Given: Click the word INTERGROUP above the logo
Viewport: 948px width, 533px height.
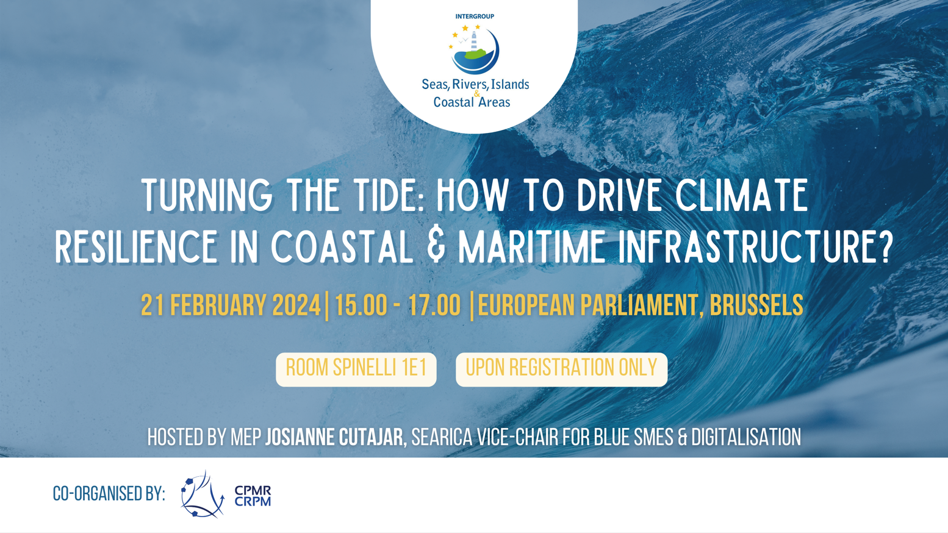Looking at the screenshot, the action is tap(475, 16).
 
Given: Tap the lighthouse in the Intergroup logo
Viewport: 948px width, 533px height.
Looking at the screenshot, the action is tap(474, 41).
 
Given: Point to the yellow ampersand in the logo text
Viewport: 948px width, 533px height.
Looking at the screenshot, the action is tap(477, 93).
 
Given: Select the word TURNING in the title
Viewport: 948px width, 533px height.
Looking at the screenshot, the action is tap(207, 195).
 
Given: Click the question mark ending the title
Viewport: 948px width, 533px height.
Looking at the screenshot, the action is tap(884, 247).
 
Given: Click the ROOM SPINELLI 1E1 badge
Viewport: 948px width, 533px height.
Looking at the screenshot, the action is tap(356, 370).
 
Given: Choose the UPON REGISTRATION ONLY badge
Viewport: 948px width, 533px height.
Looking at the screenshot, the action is tap(561, 370).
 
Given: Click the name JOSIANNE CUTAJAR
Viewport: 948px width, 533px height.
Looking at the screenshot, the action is tap(334, 437).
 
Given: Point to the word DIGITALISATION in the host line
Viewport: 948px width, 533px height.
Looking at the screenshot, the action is tap(746, 437).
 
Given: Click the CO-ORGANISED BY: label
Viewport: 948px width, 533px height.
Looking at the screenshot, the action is tap(109, 493).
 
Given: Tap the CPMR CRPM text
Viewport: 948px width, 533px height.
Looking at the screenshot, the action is tap(253, 496).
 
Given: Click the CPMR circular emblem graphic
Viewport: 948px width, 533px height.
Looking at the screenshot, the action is tap(203, 494).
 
